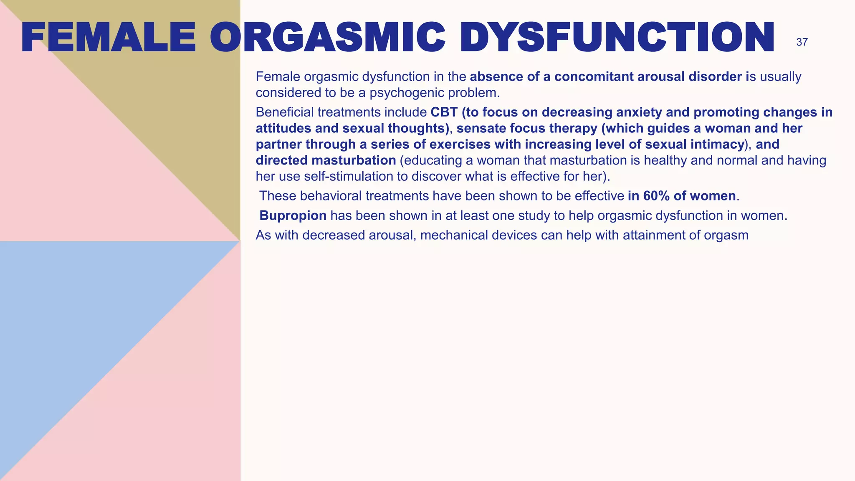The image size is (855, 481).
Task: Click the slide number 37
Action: click(x=802, y=42)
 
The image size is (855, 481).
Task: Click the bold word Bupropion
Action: click(x=293, y=215)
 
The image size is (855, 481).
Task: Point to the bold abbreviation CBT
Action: click(x=444, y=112)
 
